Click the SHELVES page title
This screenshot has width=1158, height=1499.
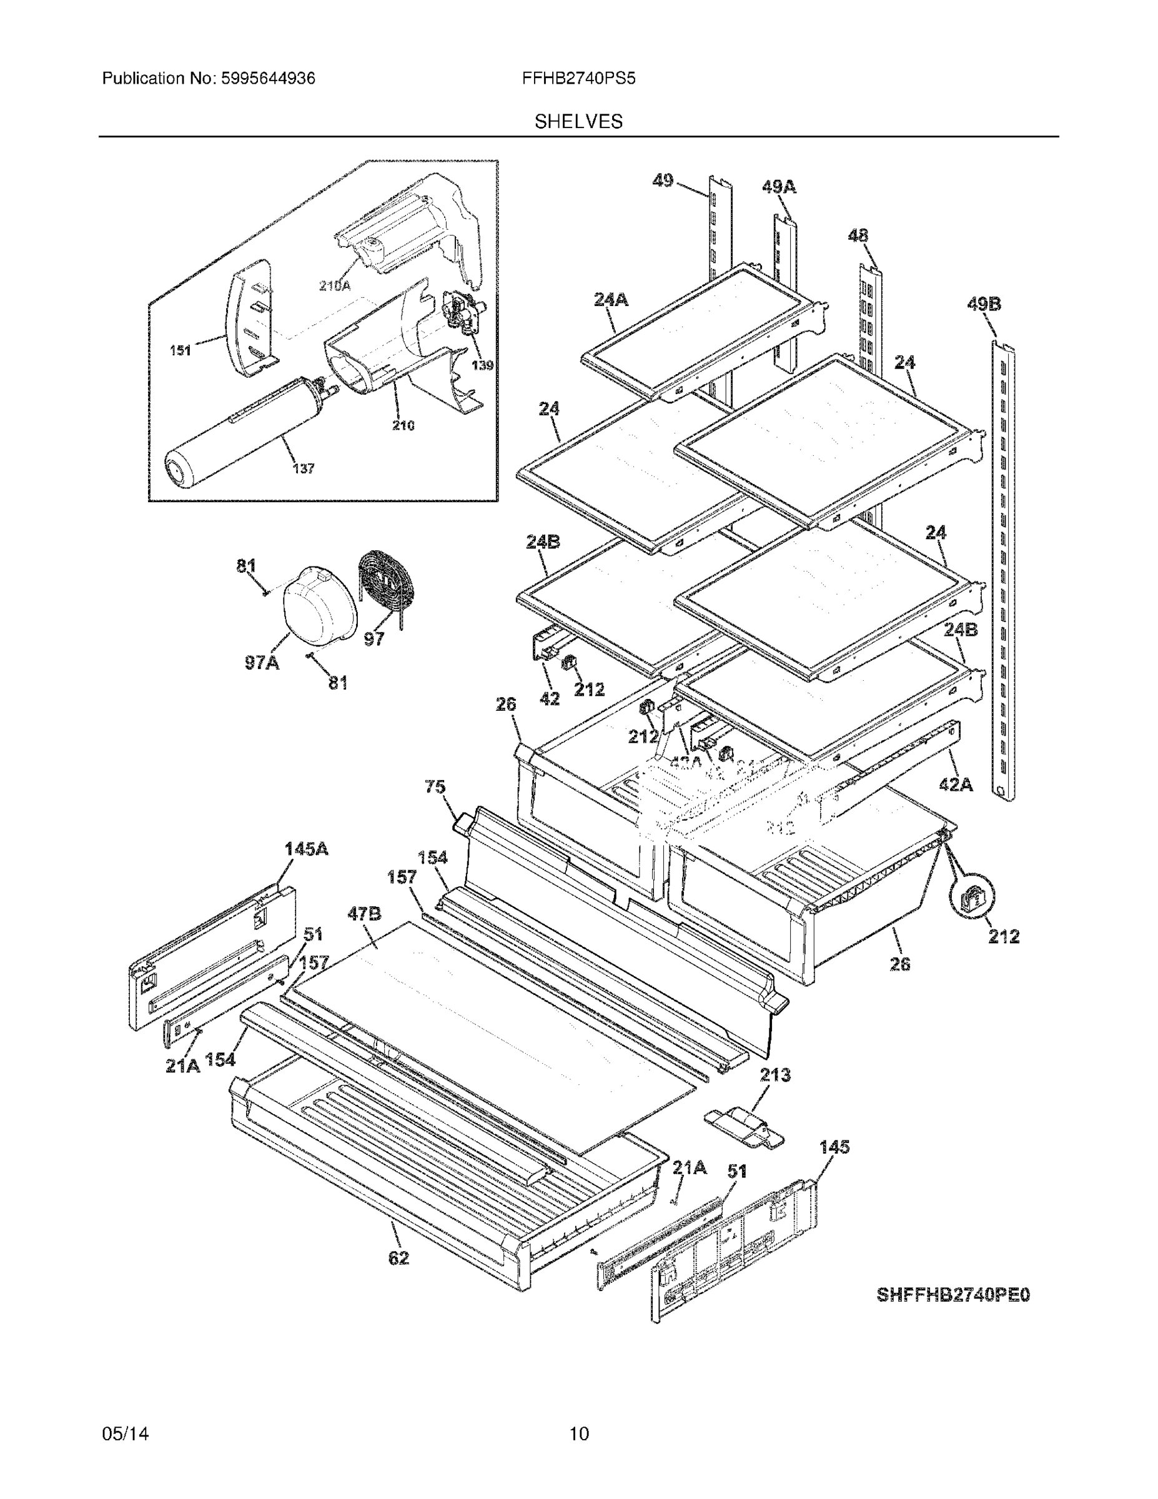[578, 122]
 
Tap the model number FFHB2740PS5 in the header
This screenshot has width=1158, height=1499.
[578, 79]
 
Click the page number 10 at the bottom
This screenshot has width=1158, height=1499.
[578, 1434]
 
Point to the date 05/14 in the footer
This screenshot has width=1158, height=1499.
[126, 1434]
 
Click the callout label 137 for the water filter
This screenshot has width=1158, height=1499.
[303, 469]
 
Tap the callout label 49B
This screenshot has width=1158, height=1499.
[984, 304]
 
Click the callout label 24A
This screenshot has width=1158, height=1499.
[611, 299]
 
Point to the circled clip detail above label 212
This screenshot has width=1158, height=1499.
[972, 899]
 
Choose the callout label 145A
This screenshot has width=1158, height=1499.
[306, 849]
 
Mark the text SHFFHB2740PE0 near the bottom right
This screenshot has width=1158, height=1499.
[953, 1295]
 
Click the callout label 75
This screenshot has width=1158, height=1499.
[435, 786]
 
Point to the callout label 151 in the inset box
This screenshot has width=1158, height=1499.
[180, 351]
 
